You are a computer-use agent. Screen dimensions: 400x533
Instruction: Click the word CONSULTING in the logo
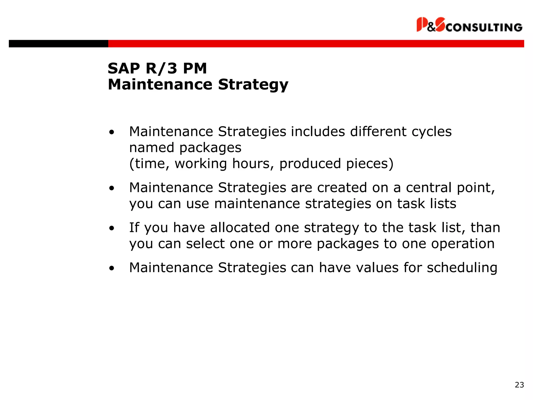click(484, 27)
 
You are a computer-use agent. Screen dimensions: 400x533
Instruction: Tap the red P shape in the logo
click(421, 24)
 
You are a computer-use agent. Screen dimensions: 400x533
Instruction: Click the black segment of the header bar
click(58, 43)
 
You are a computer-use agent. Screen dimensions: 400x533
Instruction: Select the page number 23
click(519, 385)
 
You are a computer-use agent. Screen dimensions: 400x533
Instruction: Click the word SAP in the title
click(124, 68)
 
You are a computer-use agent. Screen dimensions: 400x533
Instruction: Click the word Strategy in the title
click(253, 85)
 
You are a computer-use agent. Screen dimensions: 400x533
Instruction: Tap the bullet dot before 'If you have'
click(112, 228)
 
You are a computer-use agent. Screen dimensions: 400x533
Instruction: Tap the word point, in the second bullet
click(476, 188)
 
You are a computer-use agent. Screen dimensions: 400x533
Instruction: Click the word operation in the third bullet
click(463, 244)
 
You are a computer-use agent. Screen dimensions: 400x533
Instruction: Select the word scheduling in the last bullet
click(462, 268)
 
